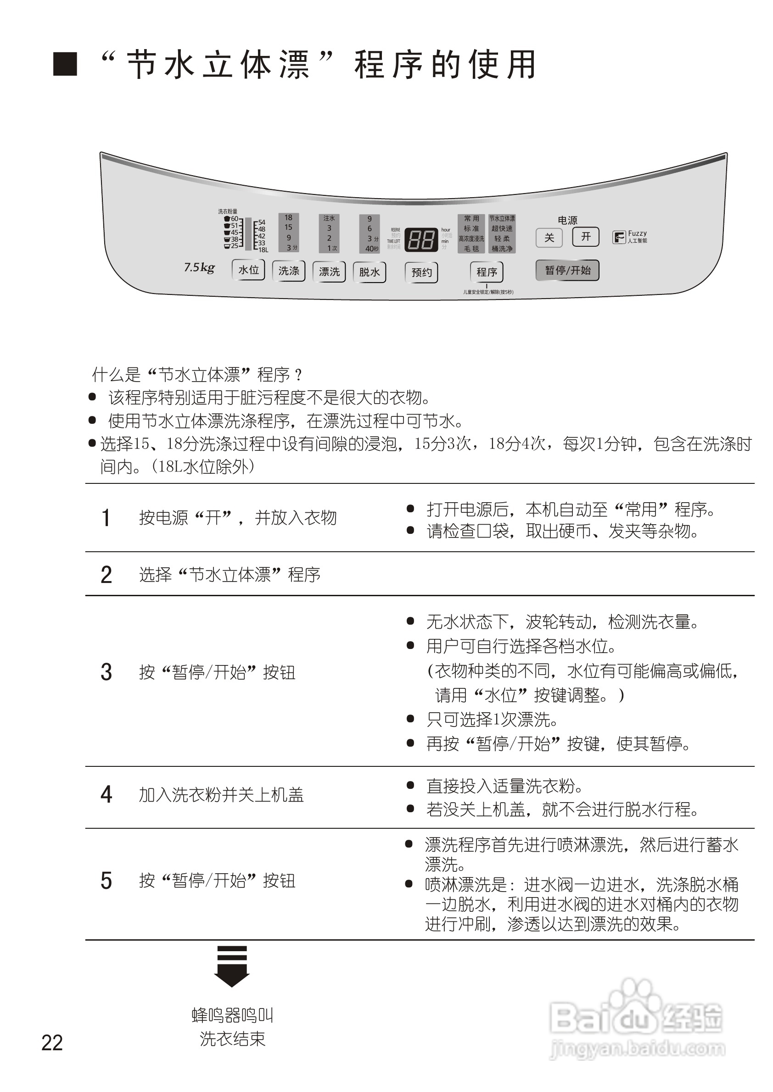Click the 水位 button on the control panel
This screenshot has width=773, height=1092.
(248, 270)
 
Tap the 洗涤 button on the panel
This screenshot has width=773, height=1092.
(288, 271)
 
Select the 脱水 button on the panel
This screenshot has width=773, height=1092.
(370, 272)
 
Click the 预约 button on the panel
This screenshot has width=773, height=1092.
(421, 272)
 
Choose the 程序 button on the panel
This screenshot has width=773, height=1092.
(487, 272)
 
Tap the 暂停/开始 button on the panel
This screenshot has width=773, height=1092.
(567, 270)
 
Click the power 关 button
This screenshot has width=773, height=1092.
(549, 237)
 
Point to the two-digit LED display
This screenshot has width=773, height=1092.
(421, 239)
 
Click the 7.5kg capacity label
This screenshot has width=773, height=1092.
(199, 267)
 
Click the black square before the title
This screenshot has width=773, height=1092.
(65, 64)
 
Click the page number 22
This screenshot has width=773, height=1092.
(52, 1042)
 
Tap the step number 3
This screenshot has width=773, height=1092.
(106, 672)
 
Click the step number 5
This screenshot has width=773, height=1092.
(106, 881)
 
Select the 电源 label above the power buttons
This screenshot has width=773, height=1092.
(567, 220)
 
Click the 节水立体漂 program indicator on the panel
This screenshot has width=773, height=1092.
(502, 218)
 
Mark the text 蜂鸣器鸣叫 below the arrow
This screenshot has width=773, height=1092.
(232, 1015)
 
